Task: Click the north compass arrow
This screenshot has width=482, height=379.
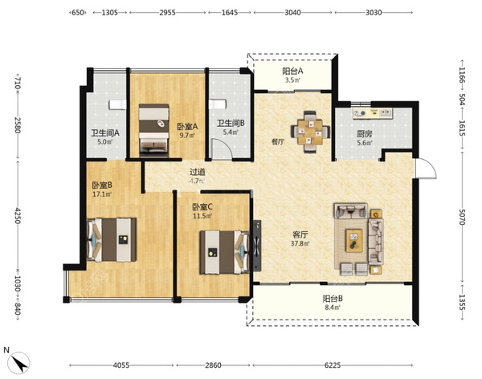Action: coord(20,364)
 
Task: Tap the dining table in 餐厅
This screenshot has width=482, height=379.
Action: coord(310,132)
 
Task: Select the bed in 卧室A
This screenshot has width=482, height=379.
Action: coord(153,130)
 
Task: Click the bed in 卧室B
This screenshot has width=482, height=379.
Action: coord(112,240)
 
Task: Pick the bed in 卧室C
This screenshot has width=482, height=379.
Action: coord(224,252)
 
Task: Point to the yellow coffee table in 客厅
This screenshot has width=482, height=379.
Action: coord(353,240)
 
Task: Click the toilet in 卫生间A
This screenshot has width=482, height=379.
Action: coord(118,104)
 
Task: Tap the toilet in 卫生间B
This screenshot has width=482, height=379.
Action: coord(218,104)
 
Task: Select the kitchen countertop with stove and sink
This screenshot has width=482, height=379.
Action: coord(373,113)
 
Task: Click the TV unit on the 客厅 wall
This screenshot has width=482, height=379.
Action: coord(257,246)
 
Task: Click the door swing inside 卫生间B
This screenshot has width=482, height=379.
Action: coord(223,149)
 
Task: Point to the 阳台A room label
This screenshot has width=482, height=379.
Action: coord(292,71)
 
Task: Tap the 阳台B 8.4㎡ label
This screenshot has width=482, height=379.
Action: coord(333,303)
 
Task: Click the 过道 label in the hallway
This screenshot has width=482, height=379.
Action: coord(198,172)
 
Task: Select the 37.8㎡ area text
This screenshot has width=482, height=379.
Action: coord(300,243)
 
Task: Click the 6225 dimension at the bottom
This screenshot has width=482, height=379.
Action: coord(333,365)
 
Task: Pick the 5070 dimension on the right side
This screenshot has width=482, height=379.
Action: coord(462,217)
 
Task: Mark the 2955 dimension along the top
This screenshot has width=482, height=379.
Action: coord(167,13)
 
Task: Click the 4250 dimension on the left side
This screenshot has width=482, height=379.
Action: coord(18,215)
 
